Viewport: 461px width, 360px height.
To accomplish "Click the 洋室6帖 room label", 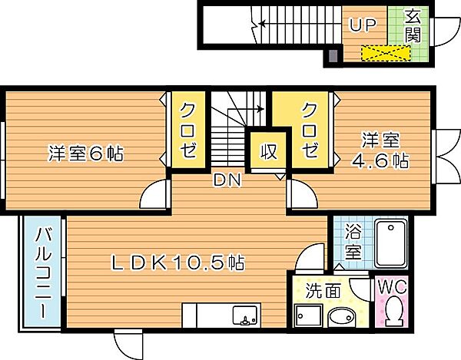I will [85, 153].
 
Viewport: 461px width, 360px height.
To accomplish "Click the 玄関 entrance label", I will [413, 28].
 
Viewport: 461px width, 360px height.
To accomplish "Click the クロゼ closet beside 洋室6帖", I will [188, 129].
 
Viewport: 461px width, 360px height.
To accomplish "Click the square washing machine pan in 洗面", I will [308, 316].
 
